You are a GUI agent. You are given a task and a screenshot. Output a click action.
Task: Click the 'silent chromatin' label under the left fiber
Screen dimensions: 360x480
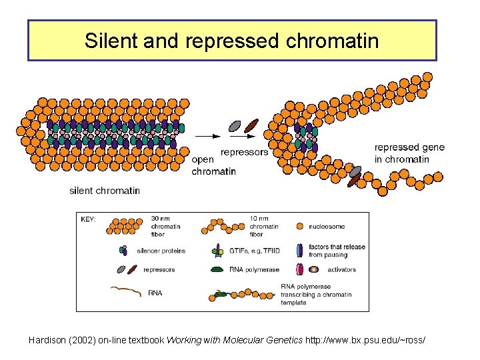pyautogui.click(x=105, y=191)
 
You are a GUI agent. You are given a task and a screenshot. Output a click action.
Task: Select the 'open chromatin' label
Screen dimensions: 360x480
pyautogui.click(x=213, y=165)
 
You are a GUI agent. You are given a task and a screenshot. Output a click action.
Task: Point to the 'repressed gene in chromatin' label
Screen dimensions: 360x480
pyautogui.click(x=409, y=153)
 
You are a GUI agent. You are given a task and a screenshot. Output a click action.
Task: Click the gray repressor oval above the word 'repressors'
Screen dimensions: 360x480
pyautogui.click(x=235, y=125)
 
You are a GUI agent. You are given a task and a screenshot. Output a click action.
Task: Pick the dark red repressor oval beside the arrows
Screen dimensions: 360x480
pyautogui.click(x=251, y=125)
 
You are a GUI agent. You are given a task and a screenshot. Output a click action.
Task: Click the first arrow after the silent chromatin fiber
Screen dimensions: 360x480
pyautogui.click(x=207, y=136)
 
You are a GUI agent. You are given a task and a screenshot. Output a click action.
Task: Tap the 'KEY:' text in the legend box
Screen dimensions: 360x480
pyautogui.click(x=88, y=219)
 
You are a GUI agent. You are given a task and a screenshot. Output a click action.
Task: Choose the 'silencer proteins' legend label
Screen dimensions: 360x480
pyautogui.click(x=161, y=251)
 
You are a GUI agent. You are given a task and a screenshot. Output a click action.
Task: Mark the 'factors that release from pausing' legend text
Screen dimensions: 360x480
pyautogui.click(x=337, y=251)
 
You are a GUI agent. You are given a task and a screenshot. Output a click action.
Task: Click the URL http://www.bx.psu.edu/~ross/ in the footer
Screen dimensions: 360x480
pyautogui.click(x=364, y=341)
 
